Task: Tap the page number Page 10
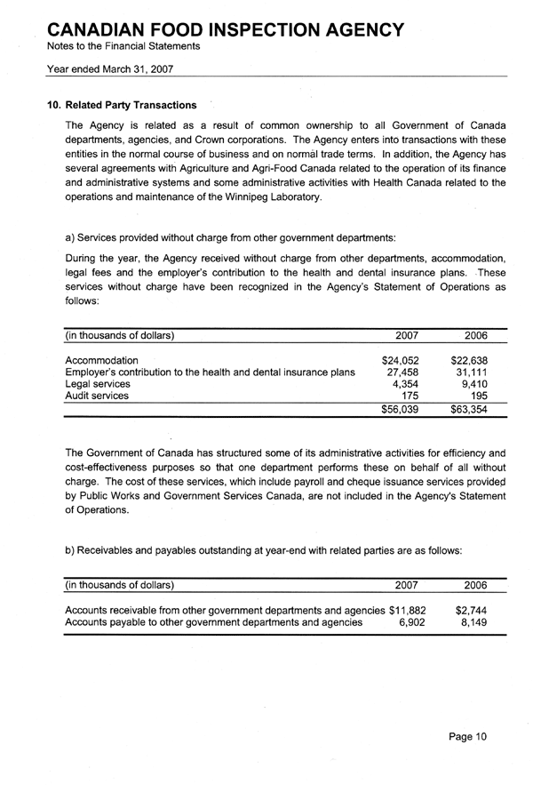pos(468,736)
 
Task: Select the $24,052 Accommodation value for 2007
pos(400,360)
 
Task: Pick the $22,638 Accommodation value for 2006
pos(470,360)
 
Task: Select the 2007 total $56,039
pos(400,410)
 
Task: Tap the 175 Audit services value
pos(410,396)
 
